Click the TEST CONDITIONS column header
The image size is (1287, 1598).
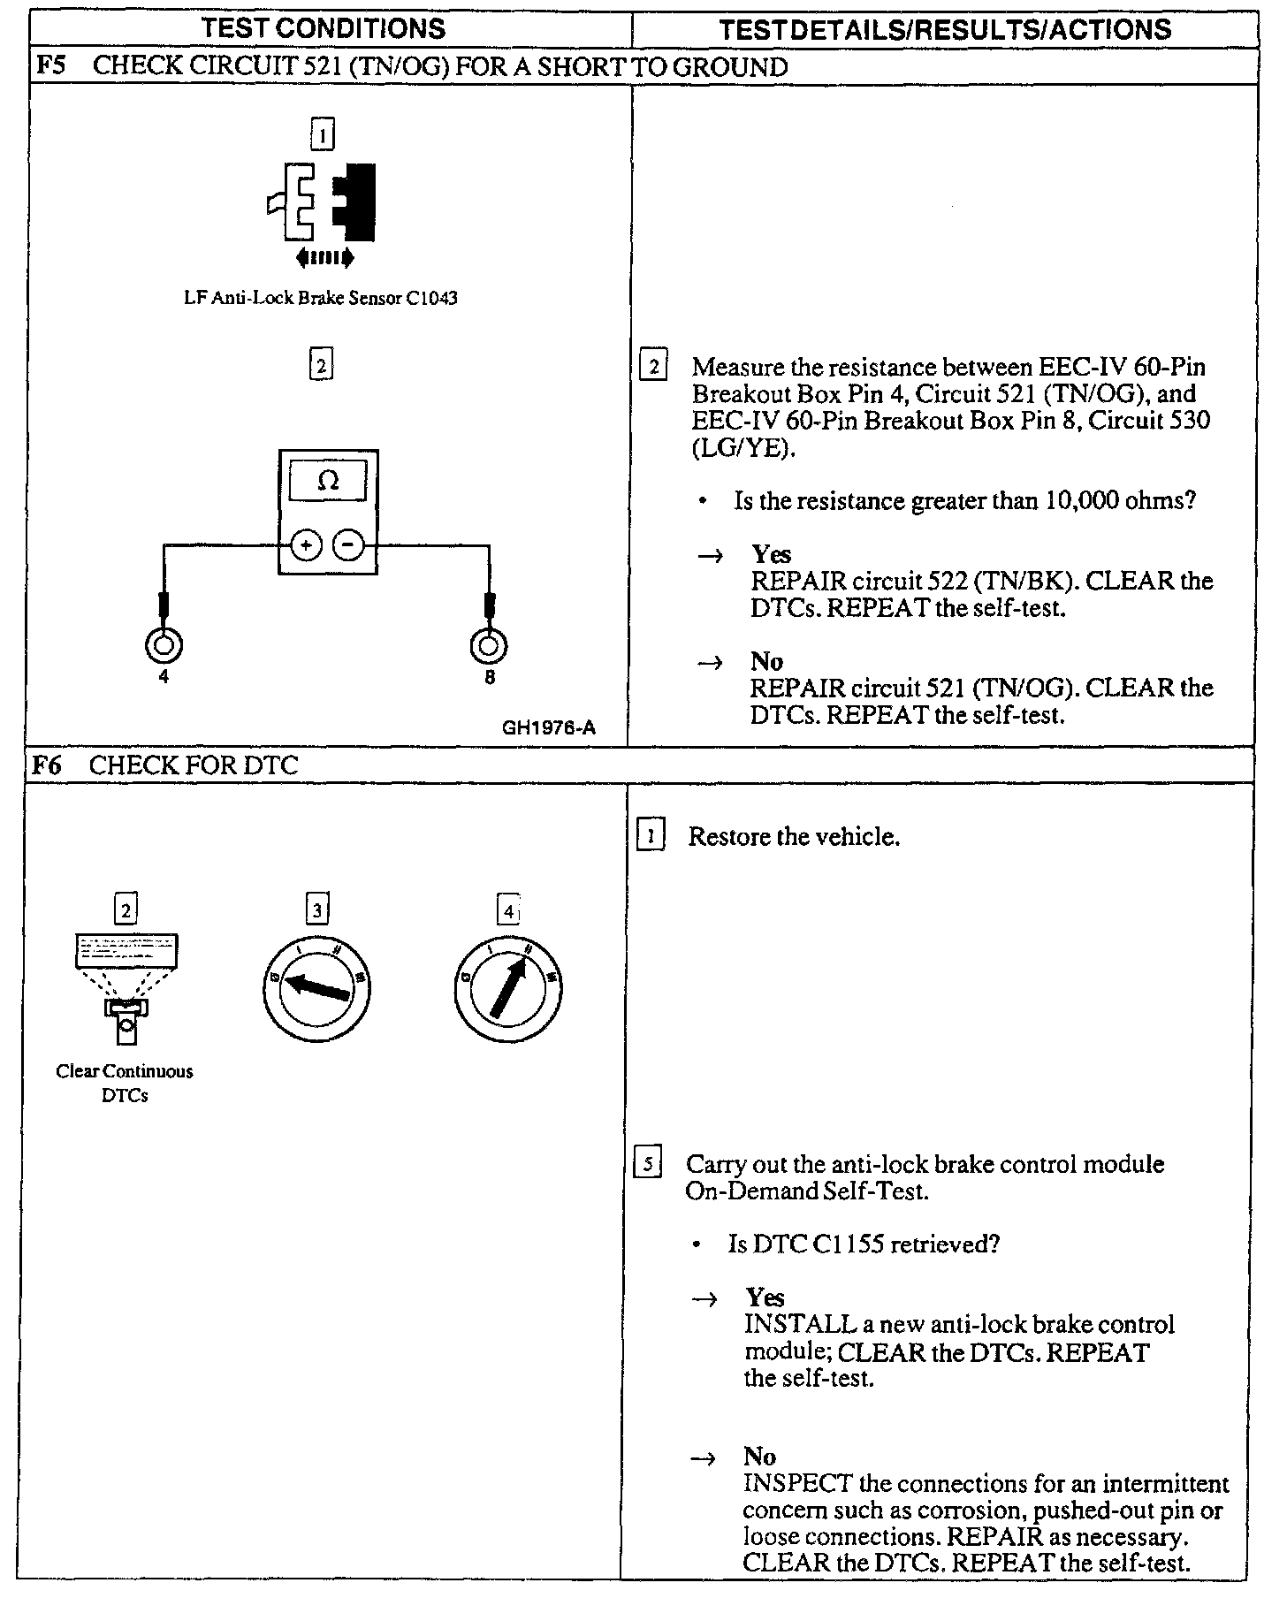pyautogui.click(x=324, y=28)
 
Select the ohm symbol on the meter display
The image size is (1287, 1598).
pyautogui.click(x=328, y=481)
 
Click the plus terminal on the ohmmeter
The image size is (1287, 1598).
pyautogui.click(x=306, y=545)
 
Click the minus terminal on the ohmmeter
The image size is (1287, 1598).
pyautogui.click(x=348, y=545)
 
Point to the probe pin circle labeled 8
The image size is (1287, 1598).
pyautogui.click(x=489, y=645)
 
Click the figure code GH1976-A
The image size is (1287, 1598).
pyautogui.click(x=549, y=728)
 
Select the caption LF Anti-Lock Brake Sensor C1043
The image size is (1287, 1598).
pyautogui.click(x=321, y=298)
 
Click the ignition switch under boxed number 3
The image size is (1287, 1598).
pyautogui.click(x=316, y=986)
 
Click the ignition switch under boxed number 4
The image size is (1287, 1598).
pyautogui.click(x=509, y=986)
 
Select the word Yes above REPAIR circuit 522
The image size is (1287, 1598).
pyautogui.click(x=771, y=554)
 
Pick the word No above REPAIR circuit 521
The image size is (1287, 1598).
pyautogui.click(x=766, y=661)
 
